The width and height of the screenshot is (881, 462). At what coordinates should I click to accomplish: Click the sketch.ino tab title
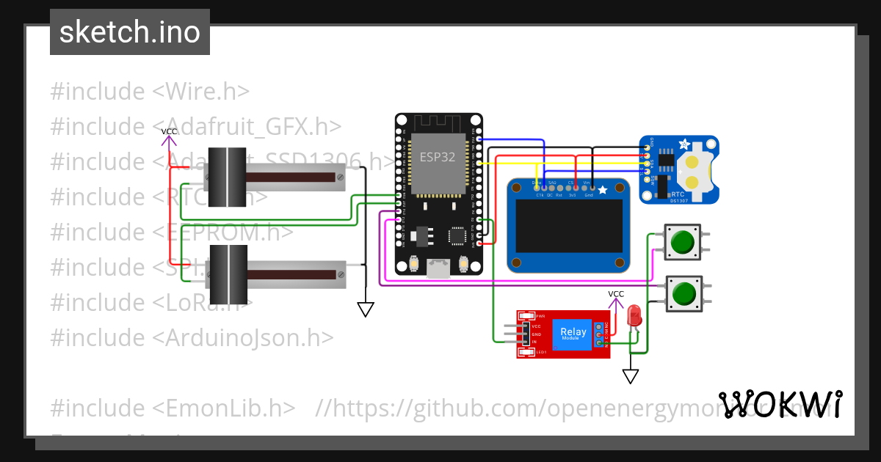pos(129,32)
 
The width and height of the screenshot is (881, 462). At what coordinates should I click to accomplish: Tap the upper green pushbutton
pos(684,242)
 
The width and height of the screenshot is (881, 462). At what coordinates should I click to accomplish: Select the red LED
pos(635,317)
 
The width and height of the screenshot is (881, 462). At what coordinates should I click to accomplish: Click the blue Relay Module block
pos(573,333)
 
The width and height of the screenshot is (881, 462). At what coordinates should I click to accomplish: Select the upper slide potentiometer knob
pos(226,177)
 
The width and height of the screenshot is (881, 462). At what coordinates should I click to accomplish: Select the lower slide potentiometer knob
pos(226,274)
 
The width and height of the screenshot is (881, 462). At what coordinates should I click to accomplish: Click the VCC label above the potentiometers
pos(170,132)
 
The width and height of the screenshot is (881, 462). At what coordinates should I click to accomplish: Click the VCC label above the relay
pos(616,294)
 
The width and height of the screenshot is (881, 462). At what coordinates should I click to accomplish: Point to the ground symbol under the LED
pos(631,376)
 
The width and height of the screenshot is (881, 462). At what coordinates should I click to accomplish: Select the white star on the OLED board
pos(603,191)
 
